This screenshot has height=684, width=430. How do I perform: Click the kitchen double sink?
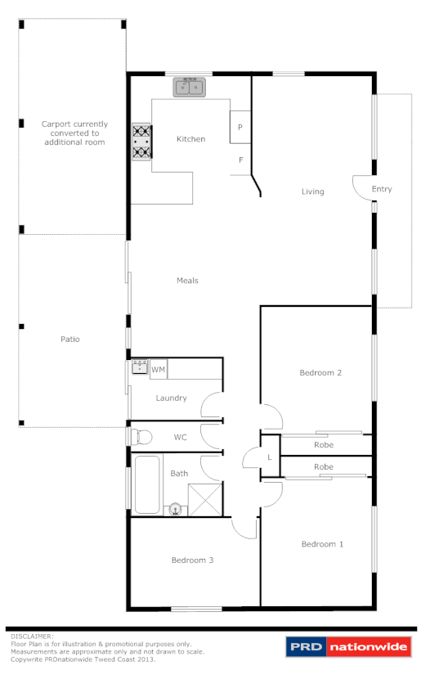[190, 86]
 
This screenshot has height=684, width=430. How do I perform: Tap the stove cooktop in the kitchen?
[141, 140]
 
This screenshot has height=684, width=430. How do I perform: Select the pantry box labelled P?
[240, 127]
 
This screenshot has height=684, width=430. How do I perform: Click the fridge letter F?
[240, 160]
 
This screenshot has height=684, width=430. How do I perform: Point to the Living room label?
[312, 191]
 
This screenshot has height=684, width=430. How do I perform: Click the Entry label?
[382, 189]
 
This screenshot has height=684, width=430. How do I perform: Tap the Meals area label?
[187, 281]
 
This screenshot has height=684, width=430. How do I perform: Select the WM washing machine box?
[159, 370]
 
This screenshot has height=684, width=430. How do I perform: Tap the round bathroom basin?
[175, 509]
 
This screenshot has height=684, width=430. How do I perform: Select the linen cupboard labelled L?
[270, 457]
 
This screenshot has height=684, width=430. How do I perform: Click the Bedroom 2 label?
[320, 372]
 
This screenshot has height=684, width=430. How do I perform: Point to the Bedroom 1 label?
[322, 544]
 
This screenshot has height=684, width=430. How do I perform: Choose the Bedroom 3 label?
[192, 560]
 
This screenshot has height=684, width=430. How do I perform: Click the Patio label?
[69, 339]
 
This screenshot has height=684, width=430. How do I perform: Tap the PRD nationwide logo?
[347, 647]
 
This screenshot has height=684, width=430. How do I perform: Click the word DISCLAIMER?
[32, 636]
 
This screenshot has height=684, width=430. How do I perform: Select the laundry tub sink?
[140, 367]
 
